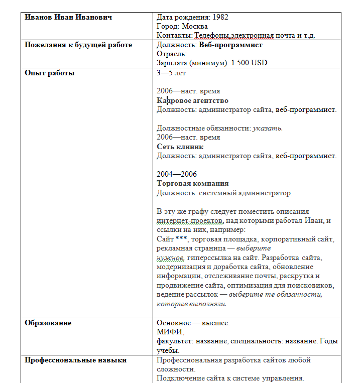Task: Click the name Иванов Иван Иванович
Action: coord(68,17)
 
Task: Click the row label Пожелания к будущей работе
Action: coord(78,45)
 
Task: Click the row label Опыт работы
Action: coord(50,73)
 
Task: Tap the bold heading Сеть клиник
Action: coord(180,147)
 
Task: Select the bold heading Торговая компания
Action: coord(193,183)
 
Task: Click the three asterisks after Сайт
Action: coord(181,238)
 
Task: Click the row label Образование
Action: coord(48,323)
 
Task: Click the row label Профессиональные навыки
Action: coord(75,360)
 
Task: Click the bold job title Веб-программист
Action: coord(230,45)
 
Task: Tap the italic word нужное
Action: coord(169,257)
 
